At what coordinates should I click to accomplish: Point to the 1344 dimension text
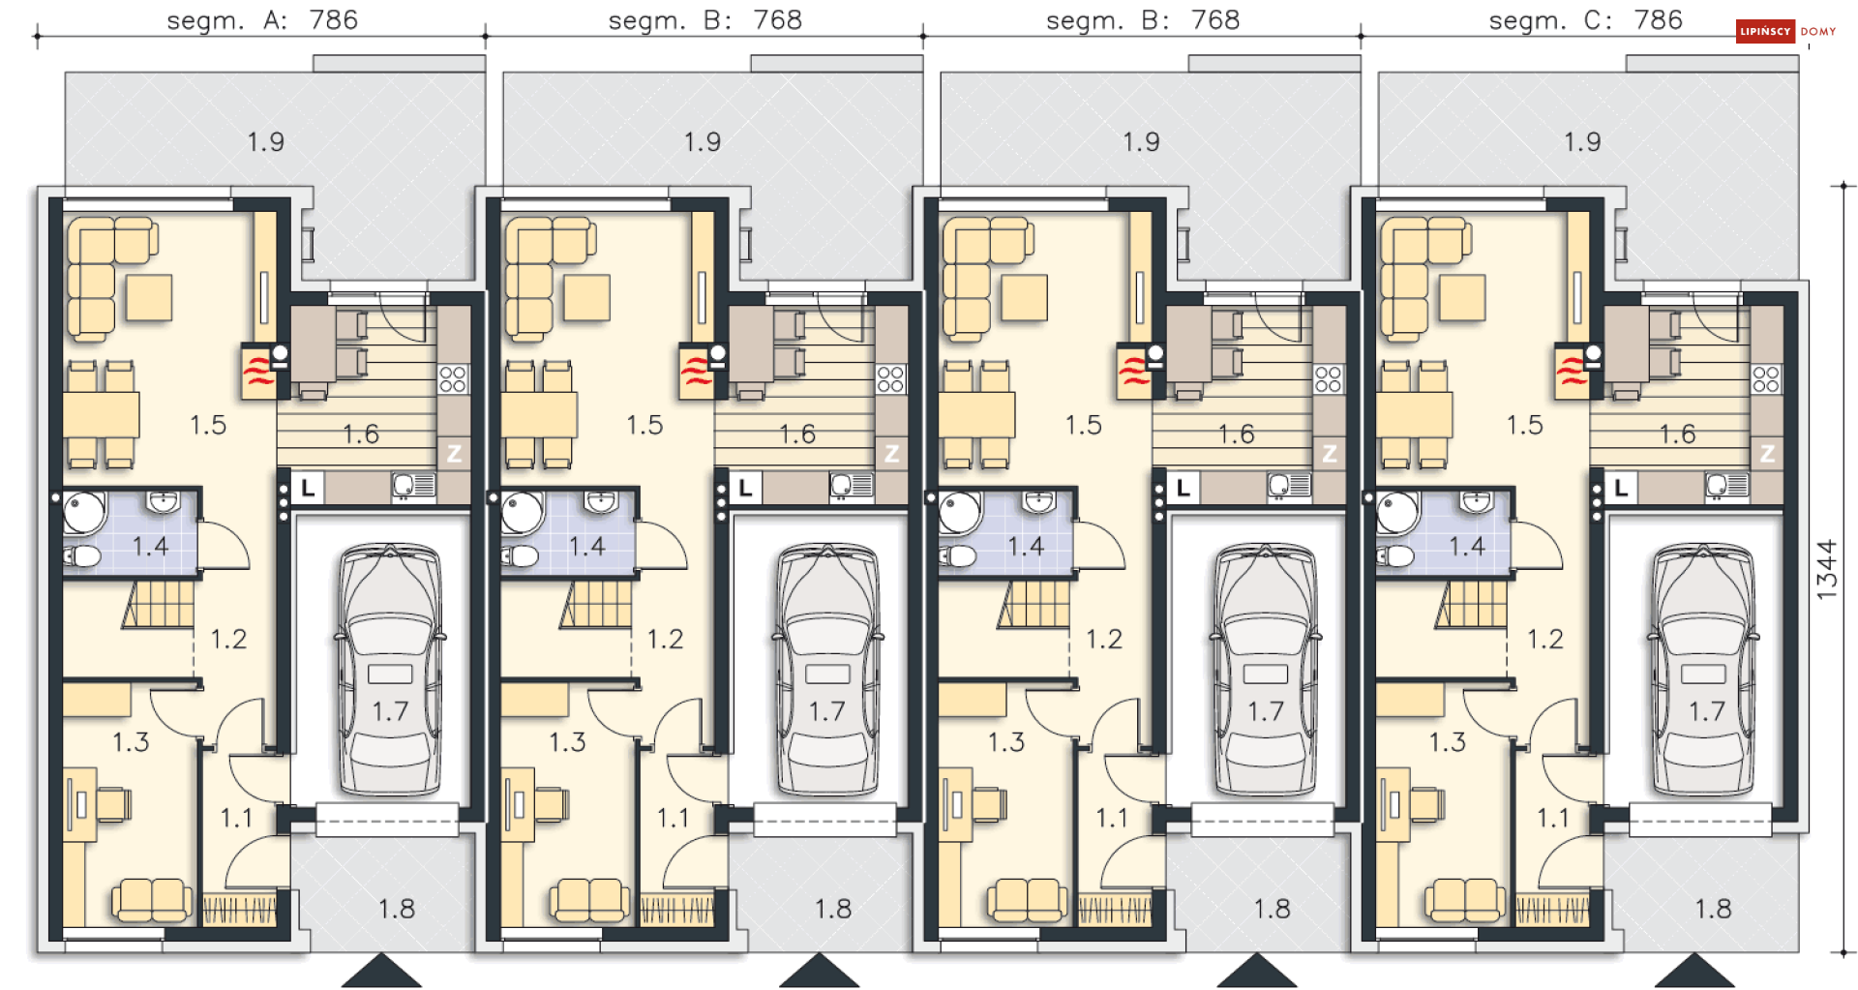[1826, 569]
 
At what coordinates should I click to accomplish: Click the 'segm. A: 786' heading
[262, 20]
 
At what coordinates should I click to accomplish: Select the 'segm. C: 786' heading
[1585, 20]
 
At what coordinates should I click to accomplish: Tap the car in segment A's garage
[390, 670]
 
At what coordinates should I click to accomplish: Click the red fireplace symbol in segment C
[1571, 372]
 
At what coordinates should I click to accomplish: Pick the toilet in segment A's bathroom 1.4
[82, 556]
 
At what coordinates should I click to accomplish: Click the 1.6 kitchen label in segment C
[1677, 435]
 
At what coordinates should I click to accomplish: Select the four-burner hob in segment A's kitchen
[453, 378]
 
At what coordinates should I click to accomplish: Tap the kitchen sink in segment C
[1726, 486]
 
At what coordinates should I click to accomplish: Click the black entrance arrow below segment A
[381, 970]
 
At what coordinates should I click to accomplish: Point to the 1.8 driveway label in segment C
[1712, 909]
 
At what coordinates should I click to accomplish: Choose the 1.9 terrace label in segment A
[265, 142]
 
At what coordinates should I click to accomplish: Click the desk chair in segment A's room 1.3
[113, 804]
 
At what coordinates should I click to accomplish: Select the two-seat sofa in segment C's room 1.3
[1465, 900]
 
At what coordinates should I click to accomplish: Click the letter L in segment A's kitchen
[308, 488]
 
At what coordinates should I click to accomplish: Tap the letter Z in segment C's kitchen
[1767, 453]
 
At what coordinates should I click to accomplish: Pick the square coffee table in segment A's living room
[149, 298]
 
